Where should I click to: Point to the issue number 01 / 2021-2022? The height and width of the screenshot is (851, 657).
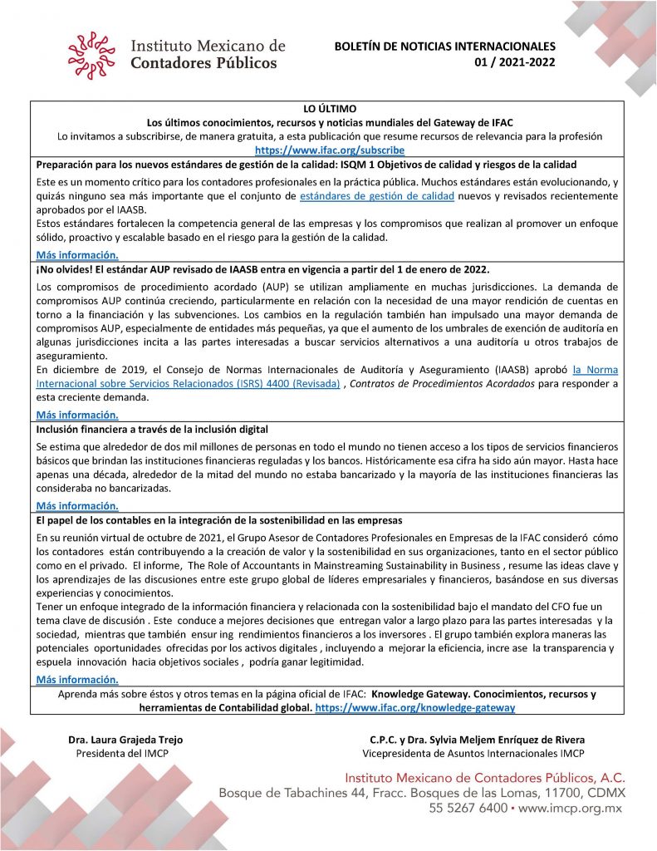(515, 61)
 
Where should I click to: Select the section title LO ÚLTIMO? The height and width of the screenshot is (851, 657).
(329, 108)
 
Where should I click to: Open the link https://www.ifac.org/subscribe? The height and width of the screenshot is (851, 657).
(329, 150)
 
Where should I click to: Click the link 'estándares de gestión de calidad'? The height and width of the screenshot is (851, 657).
(376, 195)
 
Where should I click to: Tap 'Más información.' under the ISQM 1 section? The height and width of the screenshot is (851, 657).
(77, 255)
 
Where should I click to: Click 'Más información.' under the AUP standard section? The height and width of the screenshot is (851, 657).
(77, 414)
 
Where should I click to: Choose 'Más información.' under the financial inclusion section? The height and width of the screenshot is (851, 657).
(77, 505)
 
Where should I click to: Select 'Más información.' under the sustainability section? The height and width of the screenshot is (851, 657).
(77, 679)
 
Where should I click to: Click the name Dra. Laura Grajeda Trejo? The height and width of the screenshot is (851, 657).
(125, 740)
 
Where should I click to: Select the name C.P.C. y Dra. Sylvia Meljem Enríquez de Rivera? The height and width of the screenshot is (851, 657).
(478, 740)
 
